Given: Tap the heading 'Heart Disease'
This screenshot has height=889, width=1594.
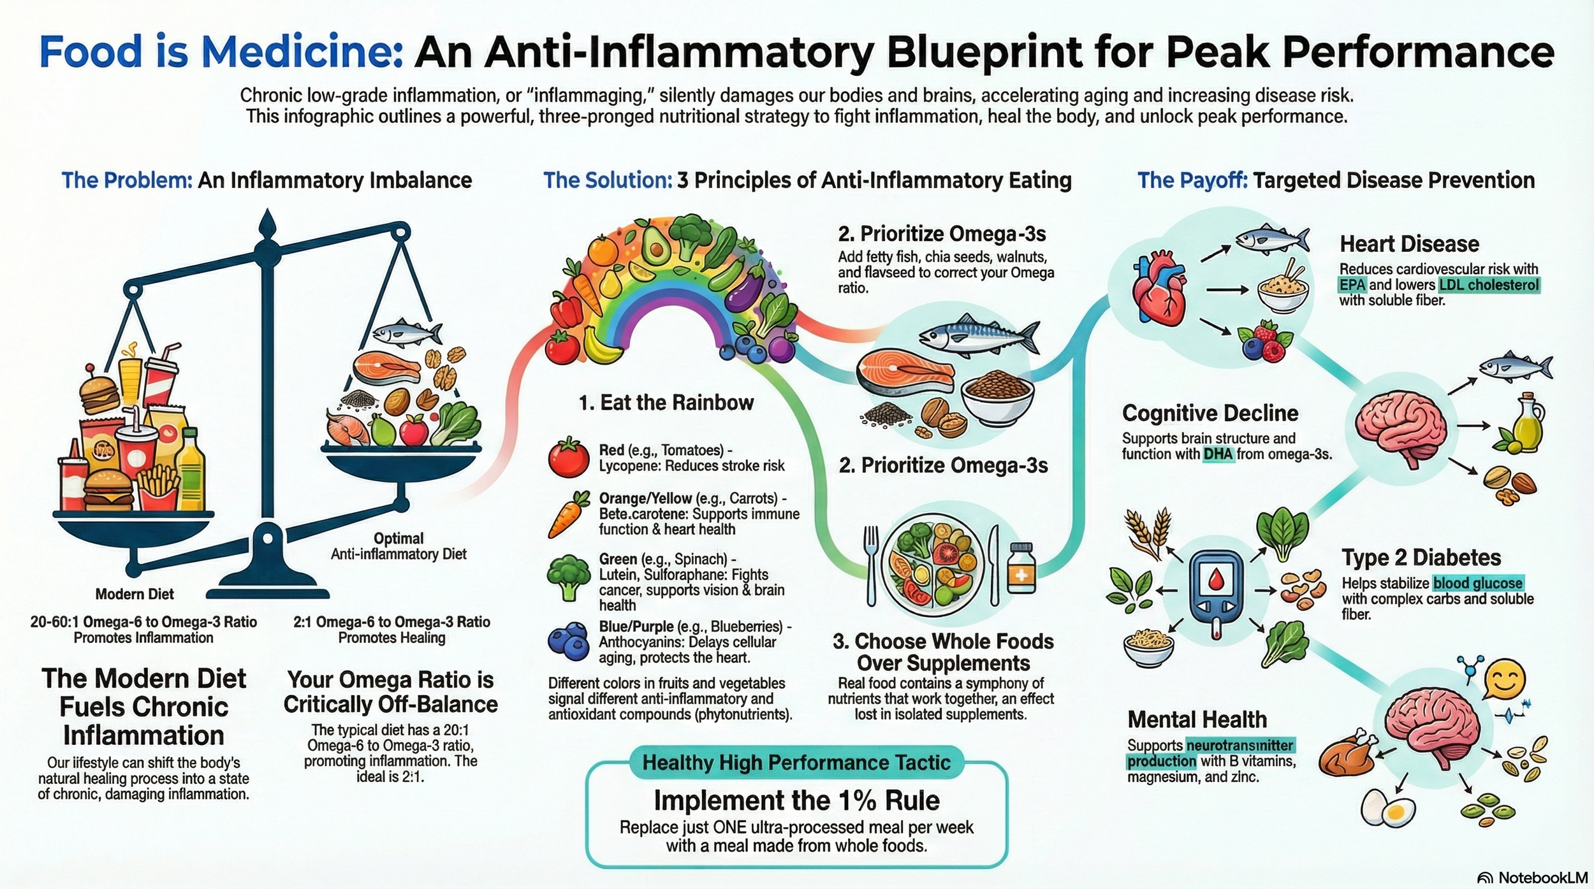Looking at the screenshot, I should [1409, 244].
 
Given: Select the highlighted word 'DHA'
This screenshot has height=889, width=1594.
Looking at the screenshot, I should [1218, 454].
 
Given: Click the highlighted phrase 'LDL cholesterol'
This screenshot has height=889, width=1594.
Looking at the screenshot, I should [1489, 285].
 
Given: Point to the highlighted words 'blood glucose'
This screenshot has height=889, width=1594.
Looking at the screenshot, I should [1478, 583].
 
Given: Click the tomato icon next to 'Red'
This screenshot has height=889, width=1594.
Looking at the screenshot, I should [569, 458].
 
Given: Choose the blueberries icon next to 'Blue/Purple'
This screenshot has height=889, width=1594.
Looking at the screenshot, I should [568, 642].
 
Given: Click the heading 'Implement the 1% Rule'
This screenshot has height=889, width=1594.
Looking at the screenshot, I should [796, 800].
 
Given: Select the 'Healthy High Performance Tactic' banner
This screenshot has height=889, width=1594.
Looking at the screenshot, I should [796, 762].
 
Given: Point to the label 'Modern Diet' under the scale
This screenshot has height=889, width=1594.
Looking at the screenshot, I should [135, 595].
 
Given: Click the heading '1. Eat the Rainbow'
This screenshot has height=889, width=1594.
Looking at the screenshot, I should [666, 403].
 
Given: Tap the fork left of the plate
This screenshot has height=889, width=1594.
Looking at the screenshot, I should [871, 564].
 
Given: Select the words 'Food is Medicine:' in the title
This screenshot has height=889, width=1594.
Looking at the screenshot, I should [221, 52].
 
